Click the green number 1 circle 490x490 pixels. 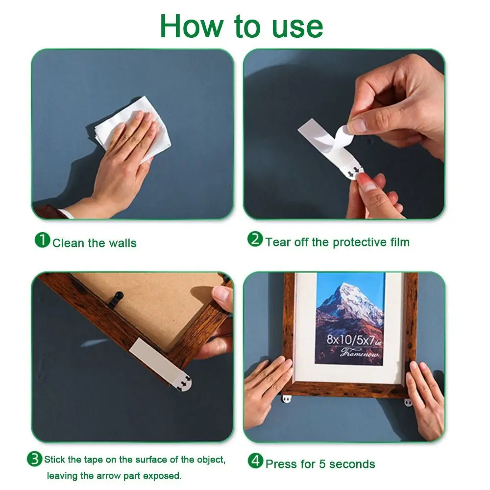pyautogui.click(x=42, y=240)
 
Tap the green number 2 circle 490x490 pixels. pyautogui.click(x=255, y=239)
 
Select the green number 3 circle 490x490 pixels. pyautogui.click(x=34, y=459)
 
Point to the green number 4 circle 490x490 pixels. pyautogui.click(x=255, y=461)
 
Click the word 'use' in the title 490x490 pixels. pyautogui.click(x=297, y=27)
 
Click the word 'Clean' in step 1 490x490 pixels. pyautogui.click(x=69, y=243)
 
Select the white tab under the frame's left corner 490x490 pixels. pyautogui.click(x=287, y=398)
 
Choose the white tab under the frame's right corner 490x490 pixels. pyautogui.click(x=408, y=402)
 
